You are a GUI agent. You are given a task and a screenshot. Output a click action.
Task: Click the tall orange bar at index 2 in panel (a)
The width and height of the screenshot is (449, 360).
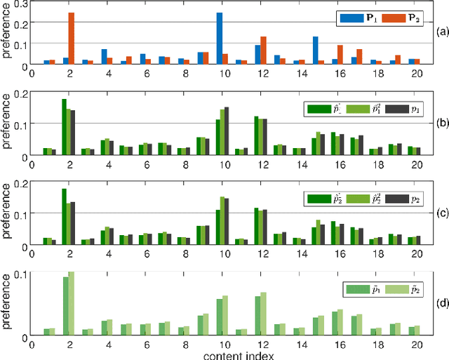72,39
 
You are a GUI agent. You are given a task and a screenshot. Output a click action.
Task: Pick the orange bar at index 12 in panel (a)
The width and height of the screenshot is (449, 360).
263,51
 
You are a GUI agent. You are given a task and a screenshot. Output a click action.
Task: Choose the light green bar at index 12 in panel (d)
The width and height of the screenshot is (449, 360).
263,314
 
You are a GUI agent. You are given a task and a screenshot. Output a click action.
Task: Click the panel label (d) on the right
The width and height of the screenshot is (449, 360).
441,304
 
